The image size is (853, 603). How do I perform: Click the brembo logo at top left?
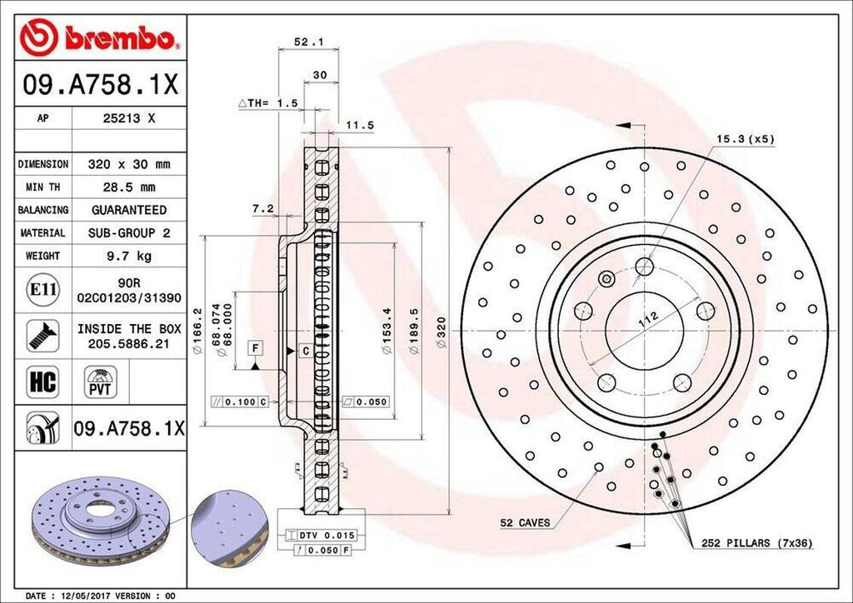point(101,37)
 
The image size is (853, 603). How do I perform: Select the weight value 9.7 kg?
point(128,256)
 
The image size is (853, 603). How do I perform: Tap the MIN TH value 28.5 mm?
point(128,187)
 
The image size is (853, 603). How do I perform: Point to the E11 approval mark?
point(42,290)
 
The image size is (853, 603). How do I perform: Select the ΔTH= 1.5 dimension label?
point(267,102)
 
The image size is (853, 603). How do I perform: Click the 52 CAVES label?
point(525,522)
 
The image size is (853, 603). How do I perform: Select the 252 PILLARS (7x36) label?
point(757,543)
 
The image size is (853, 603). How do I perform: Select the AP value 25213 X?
point(129,118)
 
